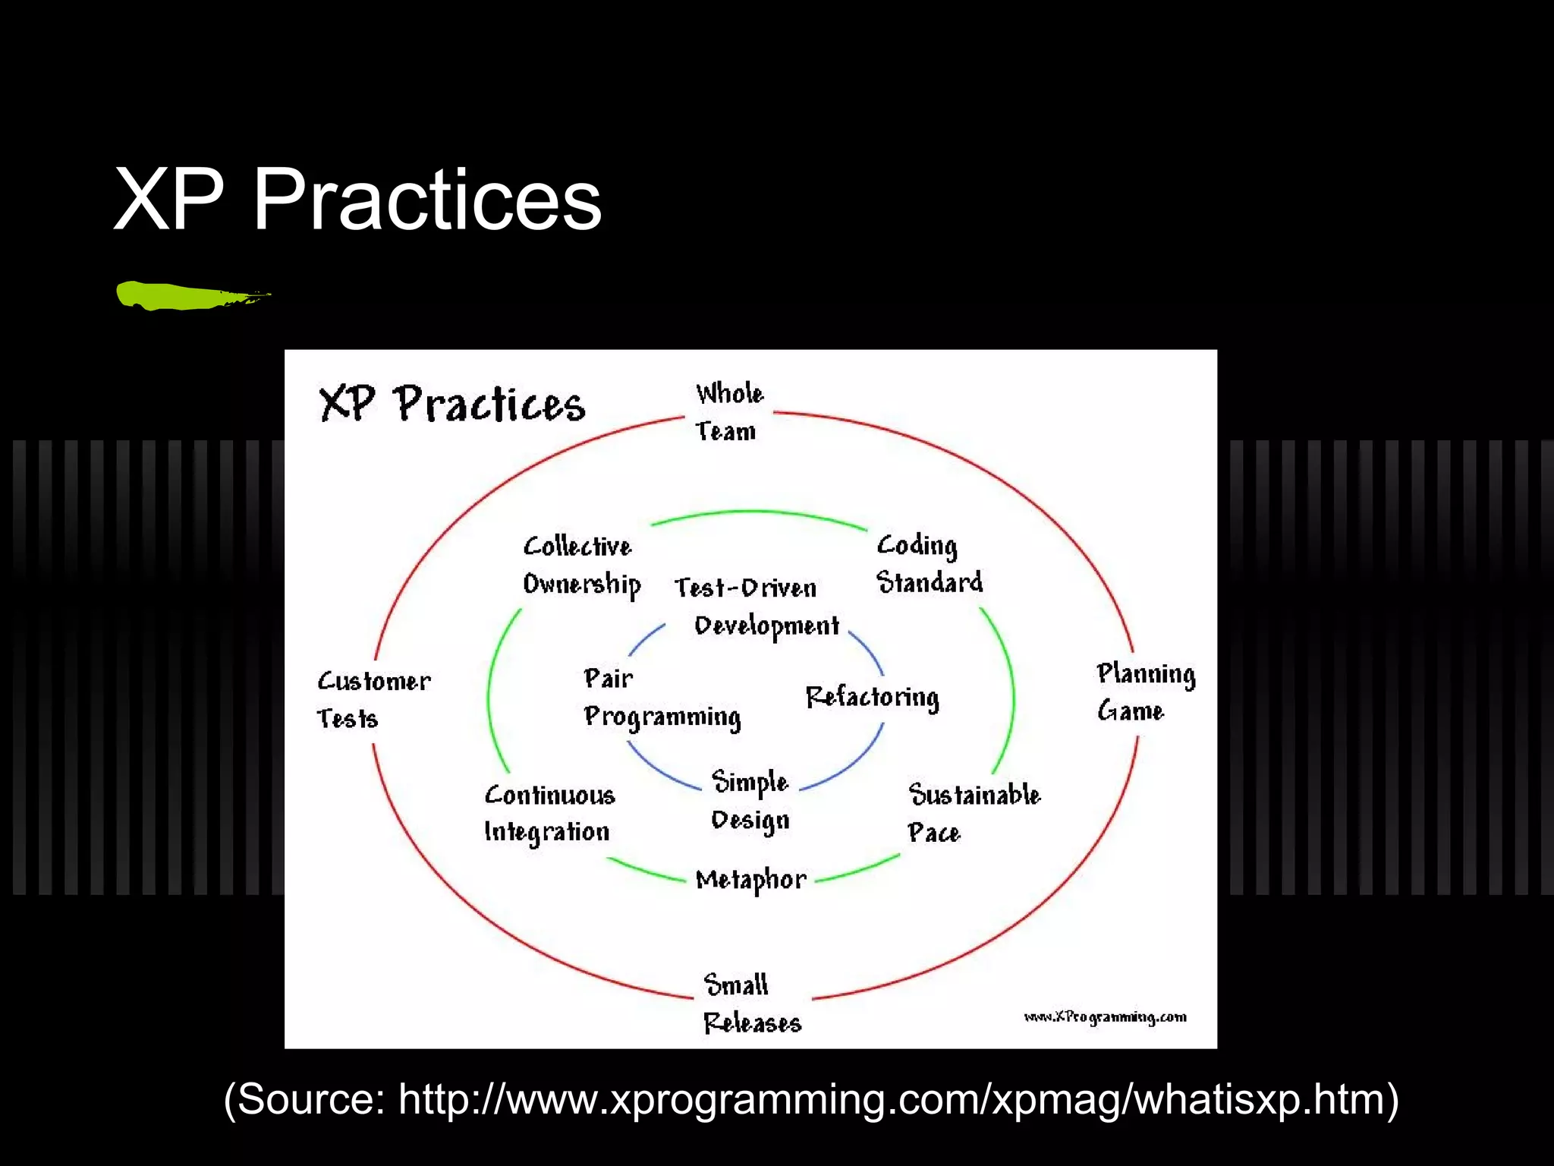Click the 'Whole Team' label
(728, 412)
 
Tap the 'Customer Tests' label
(373, 699)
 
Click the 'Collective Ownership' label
(581, 566)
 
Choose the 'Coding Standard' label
(929, 564)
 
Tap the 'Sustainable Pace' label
(974, 813)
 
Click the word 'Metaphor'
(750, 880)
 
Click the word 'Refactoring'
(872, 697)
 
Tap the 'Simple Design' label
(750, 802)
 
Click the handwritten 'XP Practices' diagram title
(451, 404)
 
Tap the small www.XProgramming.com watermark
(1105, 1017)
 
